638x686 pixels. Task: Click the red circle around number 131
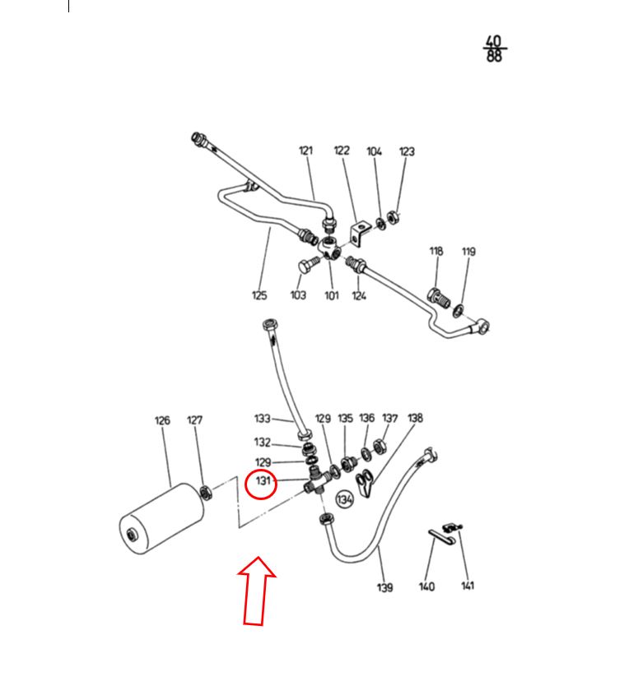[x=245, y=485]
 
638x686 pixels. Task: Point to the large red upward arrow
[x=256, y=591]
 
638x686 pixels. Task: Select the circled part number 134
[x=345, y=499]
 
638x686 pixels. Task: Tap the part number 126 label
[x=162, y=421]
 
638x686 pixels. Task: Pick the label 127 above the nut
[x=195, y=420]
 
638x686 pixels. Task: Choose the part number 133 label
[x=263, y=419]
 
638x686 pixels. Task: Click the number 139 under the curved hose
[x=385, y=587]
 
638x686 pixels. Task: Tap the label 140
[x=426, y=586]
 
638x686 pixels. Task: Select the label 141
[x=468, y=586]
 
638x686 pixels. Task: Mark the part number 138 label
[x=415, y=418]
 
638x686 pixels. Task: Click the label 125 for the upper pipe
[x=259, y=295]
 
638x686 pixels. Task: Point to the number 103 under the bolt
[x=298, y=295]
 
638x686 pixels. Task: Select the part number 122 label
[x=342, y=151]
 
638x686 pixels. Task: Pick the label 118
[x=436, y=252]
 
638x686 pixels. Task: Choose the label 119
[x=468, y=252]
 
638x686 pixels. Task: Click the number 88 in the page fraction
[x=494, y=56]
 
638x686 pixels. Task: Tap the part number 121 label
[x=305, y=151]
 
